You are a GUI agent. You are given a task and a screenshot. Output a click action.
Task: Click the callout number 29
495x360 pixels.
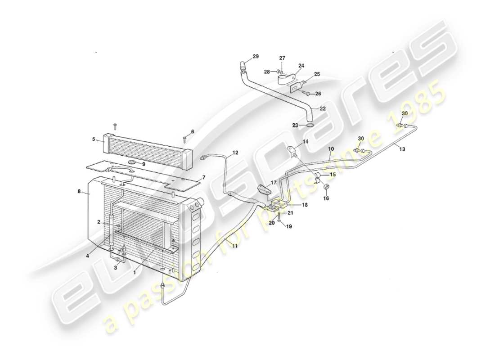(x=256, y=56)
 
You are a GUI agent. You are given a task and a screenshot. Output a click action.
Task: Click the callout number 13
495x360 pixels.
(x=401, y=149)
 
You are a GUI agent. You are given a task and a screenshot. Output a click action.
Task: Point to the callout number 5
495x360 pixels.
(x=94, y=139)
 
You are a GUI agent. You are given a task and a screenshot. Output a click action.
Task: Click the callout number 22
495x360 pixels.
(x=323, y=108)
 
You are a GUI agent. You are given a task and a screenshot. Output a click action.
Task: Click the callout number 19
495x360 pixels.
(x=288, y=227)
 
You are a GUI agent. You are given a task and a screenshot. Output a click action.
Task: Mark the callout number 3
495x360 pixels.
(x=116, y=267)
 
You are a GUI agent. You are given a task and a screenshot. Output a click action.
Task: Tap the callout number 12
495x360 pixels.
(x=235, y=153)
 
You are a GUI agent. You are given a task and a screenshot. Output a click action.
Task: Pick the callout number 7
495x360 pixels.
(x=204, y=177)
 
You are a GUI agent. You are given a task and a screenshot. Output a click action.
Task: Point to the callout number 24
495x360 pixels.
(x=301, y=66)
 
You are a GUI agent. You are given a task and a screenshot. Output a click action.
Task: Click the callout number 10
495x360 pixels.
(x=331, y=148)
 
